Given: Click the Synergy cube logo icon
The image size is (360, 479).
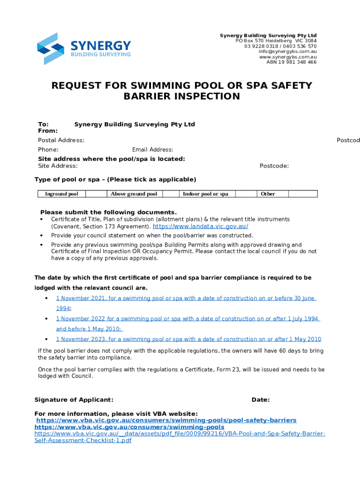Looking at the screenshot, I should click(50, 49).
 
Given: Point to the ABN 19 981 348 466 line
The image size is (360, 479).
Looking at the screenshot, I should click(291, 62).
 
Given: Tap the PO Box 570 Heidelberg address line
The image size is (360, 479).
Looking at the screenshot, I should click(276, 41).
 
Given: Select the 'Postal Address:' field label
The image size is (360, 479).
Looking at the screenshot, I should click(61, 140).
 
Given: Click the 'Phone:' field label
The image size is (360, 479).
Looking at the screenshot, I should click(48, 150).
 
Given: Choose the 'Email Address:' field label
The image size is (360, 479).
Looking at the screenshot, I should click(152, 150).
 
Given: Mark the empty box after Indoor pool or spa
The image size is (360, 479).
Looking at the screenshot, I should click(246, 194).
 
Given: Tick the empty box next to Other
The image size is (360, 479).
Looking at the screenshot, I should click(302, 194).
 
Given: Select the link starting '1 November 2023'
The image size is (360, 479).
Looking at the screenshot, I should click(188, 340).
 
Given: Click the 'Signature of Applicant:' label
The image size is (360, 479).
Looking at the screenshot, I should click(74, 400).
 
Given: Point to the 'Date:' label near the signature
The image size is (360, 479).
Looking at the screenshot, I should click(260, 400).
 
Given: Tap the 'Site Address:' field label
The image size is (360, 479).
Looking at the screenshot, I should click(58, 166).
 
